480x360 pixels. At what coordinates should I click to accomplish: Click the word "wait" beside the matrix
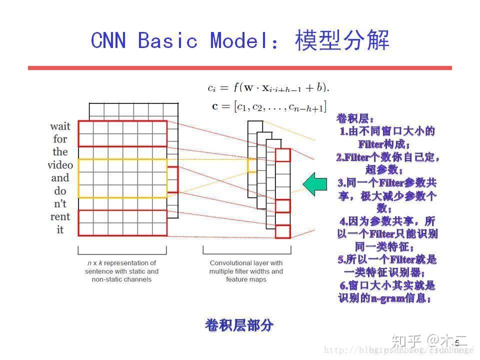(x=60, y=126)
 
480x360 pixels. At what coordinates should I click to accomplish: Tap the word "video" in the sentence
(x=60, y=165)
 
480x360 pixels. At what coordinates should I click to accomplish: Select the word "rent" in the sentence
(x=60, y=217)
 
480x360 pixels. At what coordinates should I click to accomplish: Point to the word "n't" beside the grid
(x=60, y=204)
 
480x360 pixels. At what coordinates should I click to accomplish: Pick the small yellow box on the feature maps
(x=251, y=165)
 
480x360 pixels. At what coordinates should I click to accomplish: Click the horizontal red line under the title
(x=239, y=68)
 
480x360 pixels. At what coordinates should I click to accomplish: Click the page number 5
(x=456, y=342)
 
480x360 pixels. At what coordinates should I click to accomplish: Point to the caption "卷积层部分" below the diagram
(x=239, y=325)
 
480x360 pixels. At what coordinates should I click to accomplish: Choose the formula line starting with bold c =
(x=268, y=106)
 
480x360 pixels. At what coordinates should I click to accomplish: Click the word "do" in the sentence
(x=60, y=191)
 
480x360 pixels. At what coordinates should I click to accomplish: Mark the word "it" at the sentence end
(x=60, y=230)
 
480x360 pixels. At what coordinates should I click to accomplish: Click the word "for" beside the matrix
(x=60, y=139)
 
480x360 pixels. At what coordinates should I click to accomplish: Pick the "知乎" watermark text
(x=405, y=341)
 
